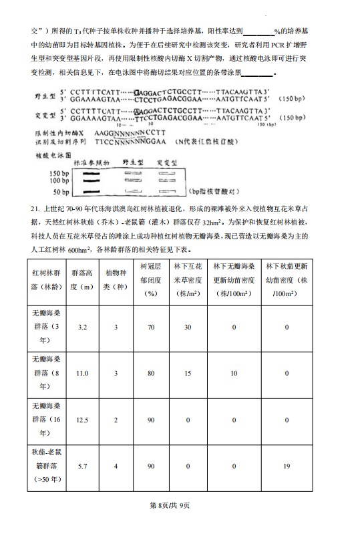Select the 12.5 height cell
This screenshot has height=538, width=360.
click(83, 419)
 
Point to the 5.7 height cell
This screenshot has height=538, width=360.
click(83, 466)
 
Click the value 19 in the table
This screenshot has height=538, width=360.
click(286, 466)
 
